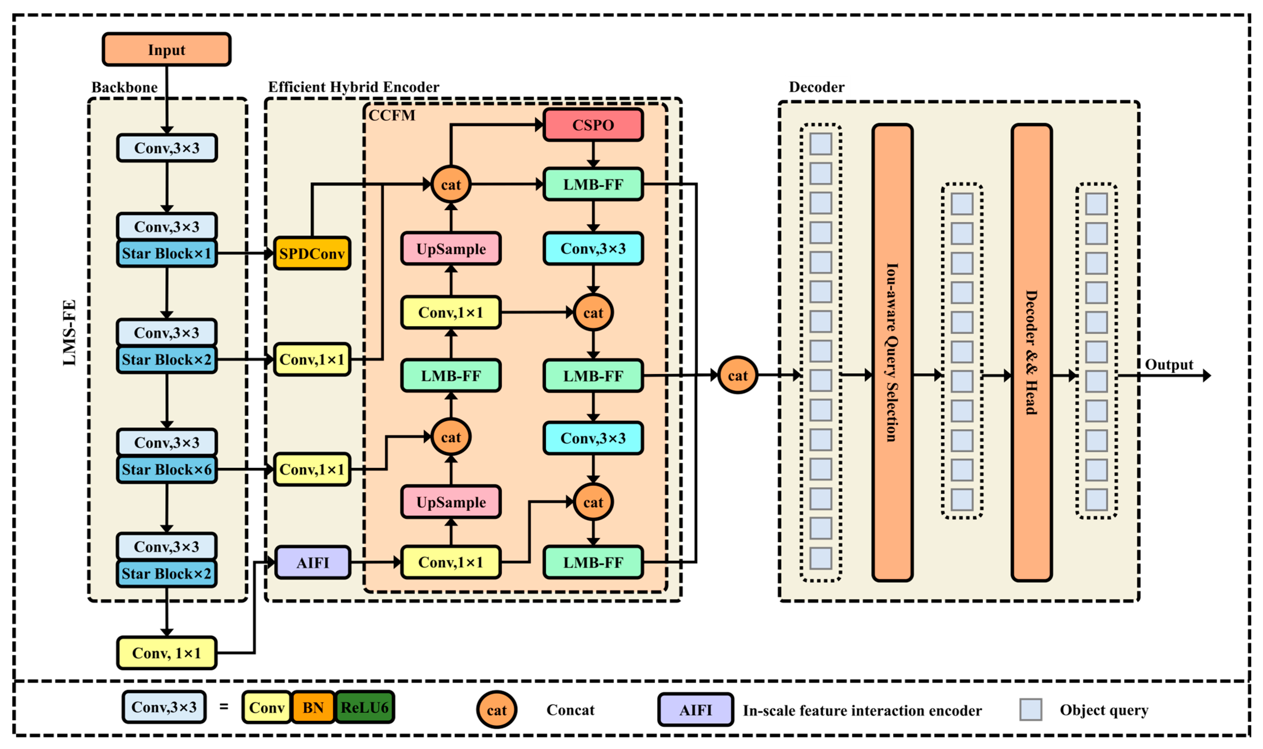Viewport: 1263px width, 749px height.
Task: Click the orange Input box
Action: [166, 49]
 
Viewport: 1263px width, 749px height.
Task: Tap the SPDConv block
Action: [312, 253]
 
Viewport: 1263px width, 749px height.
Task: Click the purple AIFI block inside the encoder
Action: [313, 562]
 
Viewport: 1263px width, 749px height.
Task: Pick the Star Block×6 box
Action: [166, 469]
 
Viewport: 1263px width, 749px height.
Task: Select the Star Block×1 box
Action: [166, 253]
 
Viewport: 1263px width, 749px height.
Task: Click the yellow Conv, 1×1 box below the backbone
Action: [166, 653]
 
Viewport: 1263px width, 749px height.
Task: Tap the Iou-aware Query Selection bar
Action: [892, 352]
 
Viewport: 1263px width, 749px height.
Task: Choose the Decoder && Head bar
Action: [1031, 352]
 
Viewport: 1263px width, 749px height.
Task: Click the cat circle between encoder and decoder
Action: [738, 375]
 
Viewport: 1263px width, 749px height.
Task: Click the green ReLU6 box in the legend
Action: [364, 708]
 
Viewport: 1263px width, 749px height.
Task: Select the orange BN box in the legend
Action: [313, 708]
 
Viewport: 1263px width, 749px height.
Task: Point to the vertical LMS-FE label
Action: [69, 333]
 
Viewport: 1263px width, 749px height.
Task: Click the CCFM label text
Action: [392, 116]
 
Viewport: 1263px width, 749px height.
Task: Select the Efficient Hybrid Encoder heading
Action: [353, 87]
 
